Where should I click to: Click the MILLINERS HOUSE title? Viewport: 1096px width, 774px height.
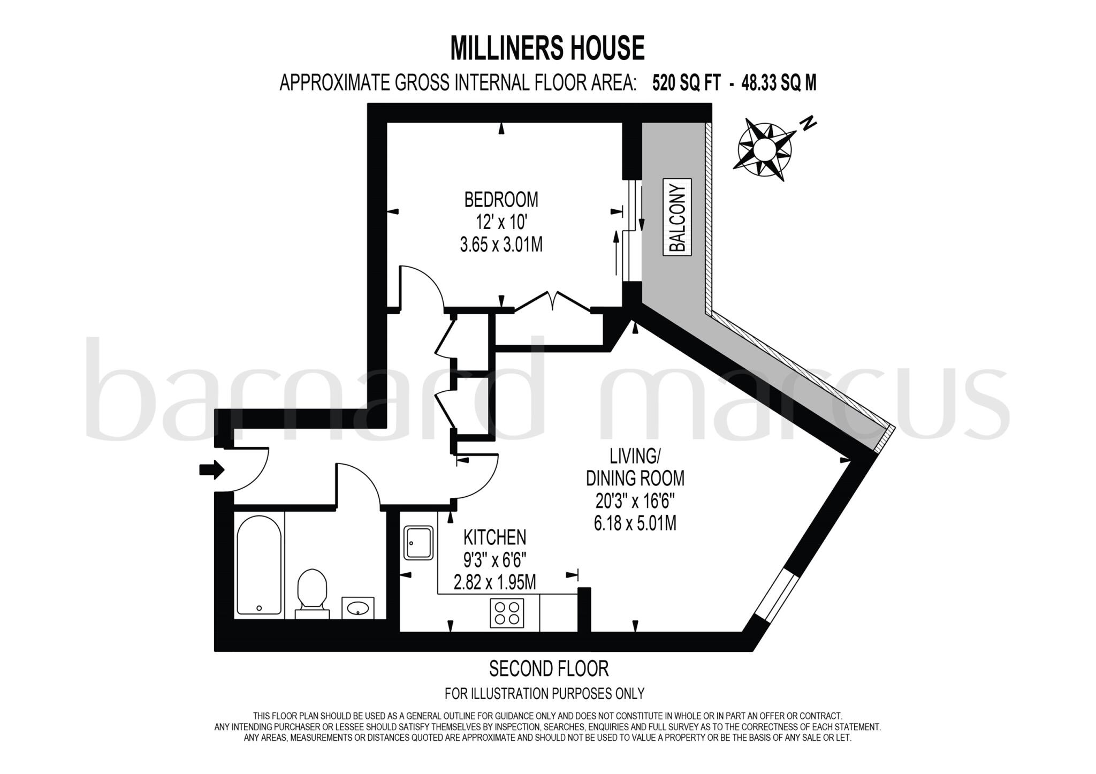547,48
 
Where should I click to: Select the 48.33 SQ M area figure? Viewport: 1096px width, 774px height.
779,83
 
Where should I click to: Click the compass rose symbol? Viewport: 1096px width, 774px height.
764,149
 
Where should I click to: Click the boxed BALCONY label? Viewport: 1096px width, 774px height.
677,217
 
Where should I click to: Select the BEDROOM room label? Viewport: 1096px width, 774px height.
501,200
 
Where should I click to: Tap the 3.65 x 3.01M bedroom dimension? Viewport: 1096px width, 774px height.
501,245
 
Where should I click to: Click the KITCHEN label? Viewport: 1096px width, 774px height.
494,537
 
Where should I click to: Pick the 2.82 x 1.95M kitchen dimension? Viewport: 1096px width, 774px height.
494,582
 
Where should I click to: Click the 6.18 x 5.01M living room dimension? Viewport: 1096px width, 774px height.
635,523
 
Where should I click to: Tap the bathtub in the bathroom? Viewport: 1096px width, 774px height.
259,565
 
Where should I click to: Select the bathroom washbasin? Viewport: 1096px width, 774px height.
357,608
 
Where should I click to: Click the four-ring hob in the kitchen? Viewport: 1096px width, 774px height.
507,613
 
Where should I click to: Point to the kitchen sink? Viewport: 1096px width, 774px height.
418,543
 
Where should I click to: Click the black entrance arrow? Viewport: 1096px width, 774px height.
211,470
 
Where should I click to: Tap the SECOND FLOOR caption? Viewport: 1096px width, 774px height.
549,669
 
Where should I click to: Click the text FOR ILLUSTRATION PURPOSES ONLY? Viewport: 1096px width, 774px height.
544,694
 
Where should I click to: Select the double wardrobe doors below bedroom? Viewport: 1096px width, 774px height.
553,301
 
